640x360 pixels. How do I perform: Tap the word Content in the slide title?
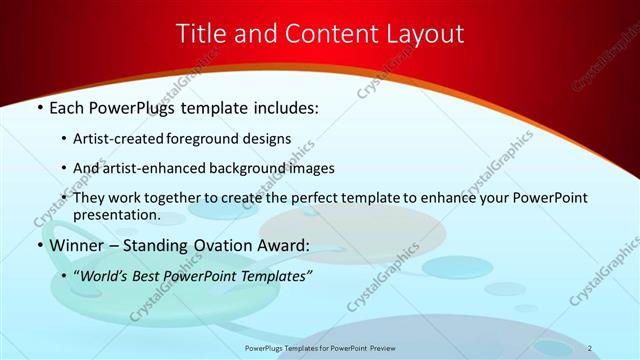328,33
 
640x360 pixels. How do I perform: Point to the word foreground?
222,138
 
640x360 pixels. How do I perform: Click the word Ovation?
219,245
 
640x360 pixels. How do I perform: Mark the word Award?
284,245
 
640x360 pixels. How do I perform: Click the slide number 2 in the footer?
590,347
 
